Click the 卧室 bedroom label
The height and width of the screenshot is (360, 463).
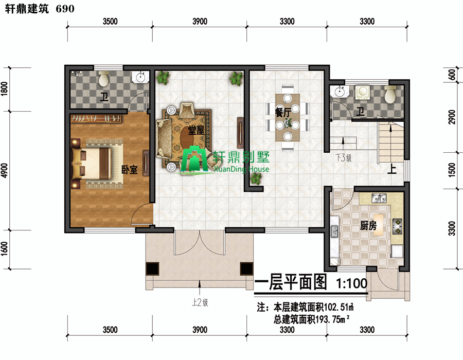coord(130,169)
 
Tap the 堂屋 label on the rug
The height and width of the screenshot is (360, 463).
coord(197,130)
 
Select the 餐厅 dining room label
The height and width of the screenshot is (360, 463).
coord(282,113)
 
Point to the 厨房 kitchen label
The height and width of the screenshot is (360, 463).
coord(368,226)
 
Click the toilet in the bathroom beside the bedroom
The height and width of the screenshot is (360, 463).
coord(103,78)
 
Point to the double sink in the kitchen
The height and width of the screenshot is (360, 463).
coord(379,199)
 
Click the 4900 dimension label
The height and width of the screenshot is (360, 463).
coord(5,170)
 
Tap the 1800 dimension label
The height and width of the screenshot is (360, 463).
coord(5,88)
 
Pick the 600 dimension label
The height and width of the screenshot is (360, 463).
coord(452,75)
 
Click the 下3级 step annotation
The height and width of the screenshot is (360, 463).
coord(344,158)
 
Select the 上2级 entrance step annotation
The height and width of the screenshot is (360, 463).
coord(200,302)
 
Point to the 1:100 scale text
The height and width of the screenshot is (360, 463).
coord(352,283)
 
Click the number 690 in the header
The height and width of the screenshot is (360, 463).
coord(65,9)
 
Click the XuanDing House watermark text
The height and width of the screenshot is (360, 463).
coord(242,169)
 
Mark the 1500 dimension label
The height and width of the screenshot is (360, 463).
coord(452,170)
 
